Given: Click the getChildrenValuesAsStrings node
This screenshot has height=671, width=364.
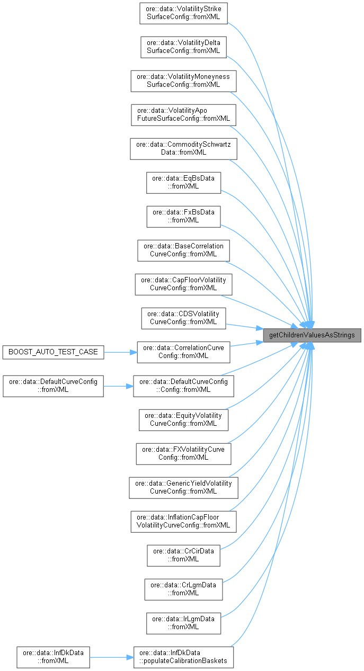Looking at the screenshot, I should [x=313, y=335].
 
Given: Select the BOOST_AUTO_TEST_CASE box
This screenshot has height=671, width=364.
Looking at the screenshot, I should [x=53, y=352].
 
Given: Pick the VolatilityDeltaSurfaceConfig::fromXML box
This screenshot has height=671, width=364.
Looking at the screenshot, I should [x=183, y=47].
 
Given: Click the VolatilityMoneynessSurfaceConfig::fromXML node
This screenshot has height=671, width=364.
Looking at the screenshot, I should [x=183, y=80].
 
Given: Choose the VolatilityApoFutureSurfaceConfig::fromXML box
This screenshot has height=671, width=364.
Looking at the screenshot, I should [x=183, y=114].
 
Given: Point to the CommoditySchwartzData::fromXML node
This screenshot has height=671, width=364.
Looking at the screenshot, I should [x=183, y=148].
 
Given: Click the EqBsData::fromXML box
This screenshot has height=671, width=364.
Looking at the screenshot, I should [x=183, y=182].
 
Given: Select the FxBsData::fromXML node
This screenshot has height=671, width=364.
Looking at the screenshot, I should [x=183, y=216].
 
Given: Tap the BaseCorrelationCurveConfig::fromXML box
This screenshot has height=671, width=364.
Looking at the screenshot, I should [x=183, y=249].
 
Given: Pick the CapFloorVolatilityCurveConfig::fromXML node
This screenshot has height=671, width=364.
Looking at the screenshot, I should [x=183, y=283].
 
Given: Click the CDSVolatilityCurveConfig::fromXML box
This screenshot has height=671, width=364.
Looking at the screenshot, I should [x=183, y=317].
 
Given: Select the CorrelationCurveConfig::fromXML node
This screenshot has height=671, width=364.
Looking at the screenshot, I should [x=183, y=352].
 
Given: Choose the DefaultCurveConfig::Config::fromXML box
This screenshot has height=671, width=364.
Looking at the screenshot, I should [x=183, y=385].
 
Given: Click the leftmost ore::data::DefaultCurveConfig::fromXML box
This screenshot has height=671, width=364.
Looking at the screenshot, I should [x=53, y=385].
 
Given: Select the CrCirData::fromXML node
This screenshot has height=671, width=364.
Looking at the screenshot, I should [x=183, y=554].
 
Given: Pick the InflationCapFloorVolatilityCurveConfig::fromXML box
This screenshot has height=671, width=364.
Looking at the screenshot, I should [x=183, y=521].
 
